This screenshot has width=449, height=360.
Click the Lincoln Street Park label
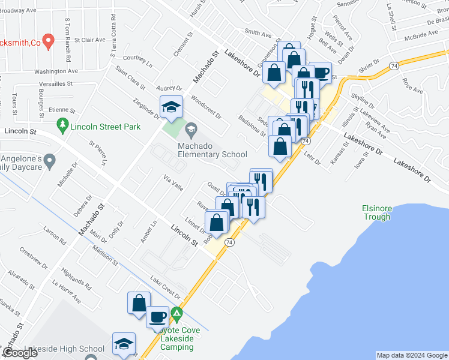click(x=105, y=126)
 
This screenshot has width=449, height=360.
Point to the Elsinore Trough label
click(x=376, y=212)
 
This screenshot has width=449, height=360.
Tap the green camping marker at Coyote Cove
click(x=176, y=313)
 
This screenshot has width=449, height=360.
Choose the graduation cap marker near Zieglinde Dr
click(x=171, y=107)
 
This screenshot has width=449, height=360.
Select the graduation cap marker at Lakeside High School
click(x=124, y=344)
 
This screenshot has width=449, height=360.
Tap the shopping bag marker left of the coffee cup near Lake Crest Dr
click(x=139, y=302)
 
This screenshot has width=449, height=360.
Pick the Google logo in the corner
click(x=20, y=353)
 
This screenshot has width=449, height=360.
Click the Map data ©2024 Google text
click(x=411, y=355)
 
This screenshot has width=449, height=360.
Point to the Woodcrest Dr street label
click(x=206, y=106)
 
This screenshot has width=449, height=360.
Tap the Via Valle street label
click(x=173, y=182)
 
